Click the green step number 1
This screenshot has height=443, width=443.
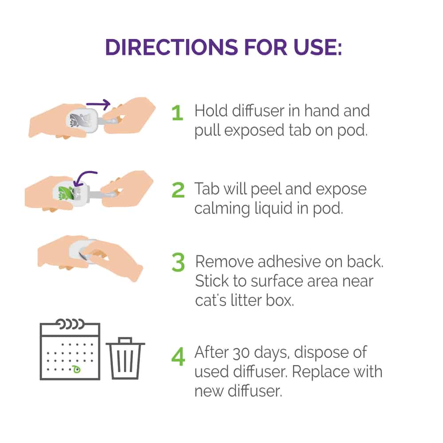[x=178, y=113]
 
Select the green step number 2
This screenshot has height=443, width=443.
[x=178, y=190]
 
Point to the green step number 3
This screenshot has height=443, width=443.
[x=178, y=262]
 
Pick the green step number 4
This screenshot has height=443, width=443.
[x=178, y=357]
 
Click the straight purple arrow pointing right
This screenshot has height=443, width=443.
[x=98, y=105]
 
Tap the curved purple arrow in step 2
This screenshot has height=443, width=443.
[x=84, y=178]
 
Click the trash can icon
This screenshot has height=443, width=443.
[x=125, y=358]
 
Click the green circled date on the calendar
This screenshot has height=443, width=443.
[x=76, y=369]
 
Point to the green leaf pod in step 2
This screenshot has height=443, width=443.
[x=67, y=193]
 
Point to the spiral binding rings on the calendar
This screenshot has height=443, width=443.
[x=70, y=324]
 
